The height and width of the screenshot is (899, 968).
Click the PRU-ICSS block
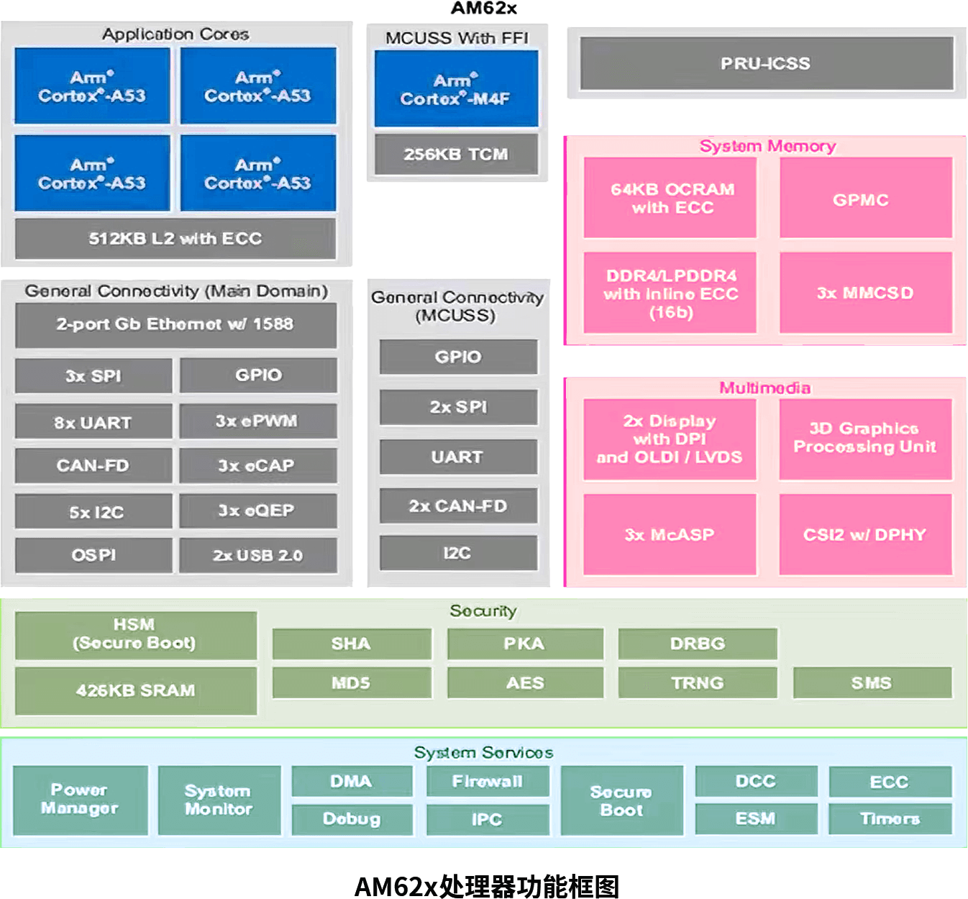click(766, 64)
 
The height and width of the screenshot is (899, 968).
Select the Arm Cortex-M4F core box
click(456, 89)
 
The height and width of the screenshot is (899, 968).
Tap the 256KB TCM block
click(456, 154)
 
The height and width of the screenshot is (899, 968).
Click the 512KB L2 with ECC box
click(175, 239)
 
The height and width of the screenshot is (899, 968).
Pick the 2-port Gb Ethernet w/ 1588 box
click(175, 324)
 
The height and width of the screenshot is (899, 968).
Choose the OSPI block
click(93, 555)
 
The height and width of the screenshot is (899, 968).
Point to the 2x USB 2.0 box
click(258, 555)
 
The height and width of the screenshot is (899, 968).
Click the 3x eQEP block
click(258, 511)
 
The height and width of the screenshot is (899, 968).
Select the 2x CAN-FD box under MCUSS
click(458, 506)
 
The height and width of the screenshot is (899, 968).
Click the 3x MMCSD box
click(865, 293)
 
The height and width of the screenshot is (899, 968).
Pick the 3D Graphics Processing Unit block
click(865, 438)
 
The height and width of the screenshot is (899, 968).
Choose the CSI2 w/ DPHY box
click(865, 534)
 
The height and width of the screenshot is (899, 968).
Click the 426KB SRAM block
click(136, 690)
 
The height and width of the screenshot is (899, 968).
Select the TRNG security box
click(698, 683)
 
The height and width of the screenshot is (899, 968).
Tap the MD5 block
click(352, 683)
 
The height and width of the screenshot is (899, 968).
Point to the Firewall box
click(488, 782)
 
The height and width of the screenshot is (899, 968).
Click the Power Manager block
click(80, 799)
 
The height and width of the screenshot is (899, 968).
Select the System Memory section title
click(767, 146)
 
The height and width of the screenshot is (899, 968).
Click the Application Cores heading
click(175, 34)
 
